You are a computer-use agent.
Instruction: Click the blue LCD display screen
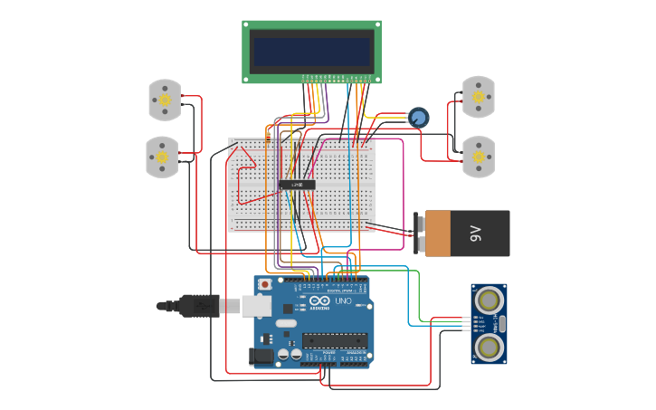312,52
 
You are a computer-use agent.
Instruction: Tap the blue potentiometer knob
418,118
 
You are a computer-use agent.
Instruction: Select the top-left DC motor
165,100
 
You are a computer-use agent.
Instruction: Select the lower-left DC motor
163,157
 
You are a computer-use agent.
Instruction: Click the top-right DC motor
478,97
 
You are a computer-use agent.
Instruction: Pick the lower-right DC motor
478,157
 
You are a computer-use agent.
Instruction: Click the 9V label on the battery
477,234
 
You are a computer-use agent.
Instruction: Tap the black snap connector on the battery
420,233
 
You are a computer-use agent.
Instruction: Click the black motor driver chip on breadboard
297,185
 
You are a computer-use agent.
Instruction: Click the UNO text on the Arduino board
344,301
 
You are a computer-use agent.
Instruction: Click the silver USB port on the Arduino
257,307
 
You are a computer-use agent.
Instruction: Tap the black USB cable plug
199,306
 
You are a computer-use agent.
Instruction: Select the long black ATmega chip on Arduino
334,340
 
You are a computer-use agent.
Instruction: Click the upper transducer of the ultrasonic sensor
489,299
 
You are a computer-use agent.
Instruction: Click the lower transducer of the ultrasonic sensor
489,346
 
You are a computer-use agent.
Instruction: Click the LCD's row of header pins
335,78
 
